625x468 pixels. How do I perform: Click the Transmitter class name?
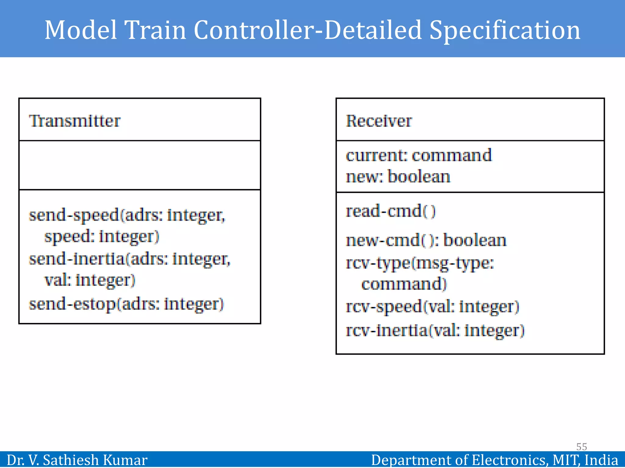(x=74, y=121)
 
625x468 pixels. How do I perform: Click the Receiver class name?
(x=379, y=121)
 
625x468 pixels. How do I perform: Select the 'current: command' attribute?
(x=419, y=155)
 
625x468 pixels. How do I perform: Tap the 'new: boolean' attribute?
(x=398, y=177)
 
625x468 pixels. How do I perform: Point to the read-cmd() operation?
(x=391, y=211)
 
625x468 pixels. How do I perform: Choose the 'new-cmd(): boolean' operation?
(x=426, y=240)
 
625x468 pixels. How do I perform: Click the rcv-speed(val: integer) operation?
(x=432, y=307)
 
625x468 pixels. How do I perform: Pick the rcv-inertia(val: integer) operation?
(x=435, y=331)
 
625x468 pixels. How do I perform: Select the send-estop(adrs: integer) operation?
(x=126, y=304)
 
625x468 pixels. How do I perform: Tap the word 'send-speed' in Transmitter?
(x=74, y=215)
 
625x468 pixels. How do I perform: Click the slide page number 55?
(x=581, y=447)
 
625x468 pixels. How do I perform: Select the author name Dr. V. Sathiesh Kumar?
(x=77, y=460)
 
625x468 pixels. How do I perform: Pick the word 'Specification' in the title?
(x=505, y=30)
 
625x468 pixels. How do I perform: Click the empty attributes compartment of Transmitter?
(x=140, y=165)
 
